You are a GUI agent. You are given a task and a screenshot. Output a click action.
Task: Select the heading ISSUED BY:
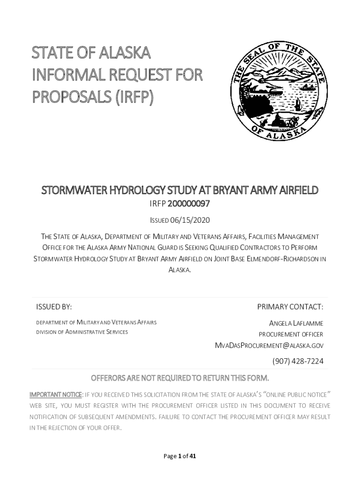point(54,307)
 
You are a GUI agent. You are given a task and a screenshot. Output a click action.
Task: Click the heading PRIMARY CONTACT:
point(290,307)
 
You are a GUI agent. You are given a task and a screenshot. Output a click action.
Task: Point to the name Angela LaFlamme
point(296,323)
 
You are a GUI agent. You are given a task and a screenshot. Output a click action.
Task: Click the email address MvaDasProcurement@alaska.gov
point(269,346)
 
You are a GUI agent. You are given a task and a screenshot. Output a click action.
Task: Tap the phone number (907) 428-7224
point(298,361)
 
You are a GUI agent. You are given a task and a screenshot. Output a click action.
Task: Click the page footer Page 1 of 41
point(180,457)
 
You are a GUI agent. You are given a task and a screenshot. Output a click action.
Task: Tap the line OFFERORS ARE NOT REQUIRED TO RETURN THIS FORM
point(180,378)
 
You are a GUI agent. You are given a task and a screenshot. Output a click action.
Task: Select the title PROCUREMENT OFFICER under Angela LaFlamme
point(291,334)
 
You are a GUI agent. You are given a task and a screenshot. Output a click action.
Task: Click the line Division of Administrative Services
point(82,332)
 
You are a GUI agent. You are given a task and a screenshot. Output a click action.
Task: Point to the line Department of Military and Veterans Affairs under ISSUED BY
point(96,322)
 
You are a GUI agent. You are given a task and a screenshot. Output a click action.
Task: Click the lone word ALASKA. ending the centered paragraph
point(180,270)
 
